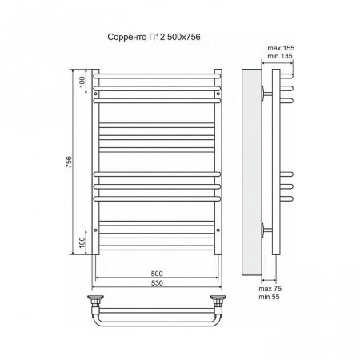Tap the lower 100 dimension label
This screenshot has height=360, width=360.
coord(81,239)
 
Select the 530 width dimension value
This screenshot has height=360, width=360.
coord(156,284)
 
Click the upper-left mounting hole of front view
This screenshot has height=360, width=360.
coord(97,94)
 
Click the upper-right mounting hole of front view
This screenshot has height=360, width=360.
coord(218,94)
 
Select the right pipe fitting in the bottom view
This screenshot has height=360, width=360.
coord(217,302)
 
